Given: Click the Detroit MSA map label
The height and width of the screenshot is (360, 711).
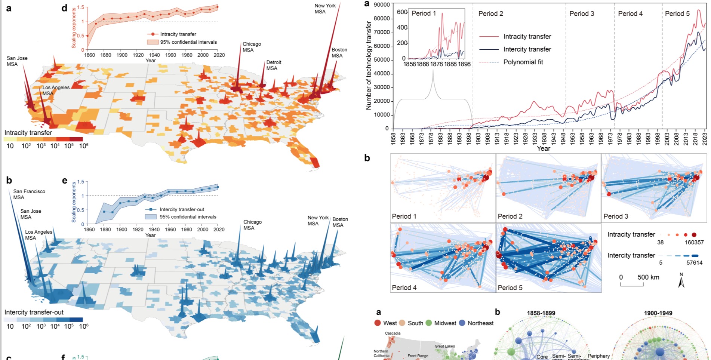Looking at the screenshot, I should (x=274, y=65).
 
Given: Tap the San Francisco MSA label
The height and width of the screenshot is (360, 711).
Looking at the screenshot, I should (x=29, y=194).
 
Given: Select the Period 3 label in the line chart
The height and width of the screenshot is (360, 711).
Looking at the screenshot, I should (x=582, y=14).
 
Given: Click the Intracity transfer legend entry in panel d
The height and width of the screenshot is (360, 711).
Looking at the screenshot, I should (x=178, y=34).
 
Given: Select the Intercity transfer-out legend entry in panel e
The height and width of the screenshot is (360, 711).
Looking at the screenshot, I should (x=182, y=209).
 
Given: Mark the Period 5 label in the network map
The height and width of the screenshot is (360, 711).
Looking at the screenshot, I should (x=510, y=287).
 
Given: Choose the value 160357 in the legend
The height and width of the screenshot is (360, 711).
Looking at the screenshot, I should (x=694, y=242).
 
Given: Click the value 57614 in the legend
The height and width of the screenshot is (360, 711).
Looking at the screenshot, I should (x=694, y=263).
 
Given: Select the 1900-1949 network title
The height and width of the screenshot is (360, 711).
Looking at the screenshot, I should (x=658, y=313).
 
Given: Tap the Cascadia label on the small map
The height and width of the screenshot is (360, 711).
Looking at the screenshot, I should (x=393, y=333).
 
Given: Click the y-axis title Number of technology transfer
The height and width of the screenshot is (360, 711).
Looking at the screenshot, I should (x=369, y=65).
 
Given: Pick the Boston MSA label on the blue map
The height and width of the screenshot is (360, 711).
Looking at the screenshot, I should (x=340, y=222).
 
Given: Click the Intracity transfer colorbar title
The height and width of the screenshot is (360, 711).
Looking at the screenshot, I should (x=28, y=133).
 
